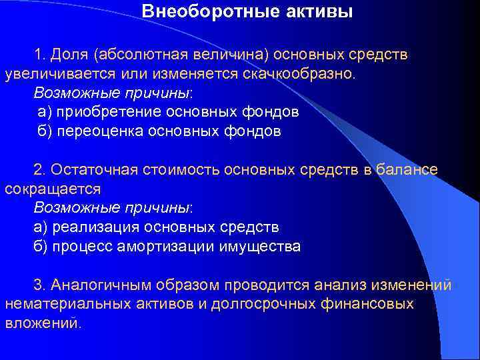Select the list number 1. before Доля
(41, 53)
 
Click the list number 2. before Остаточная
(41, 169)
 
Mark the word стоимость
(182, 169)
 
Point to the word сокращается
(53, 189)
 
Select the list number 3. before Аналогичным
(41, 285)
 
